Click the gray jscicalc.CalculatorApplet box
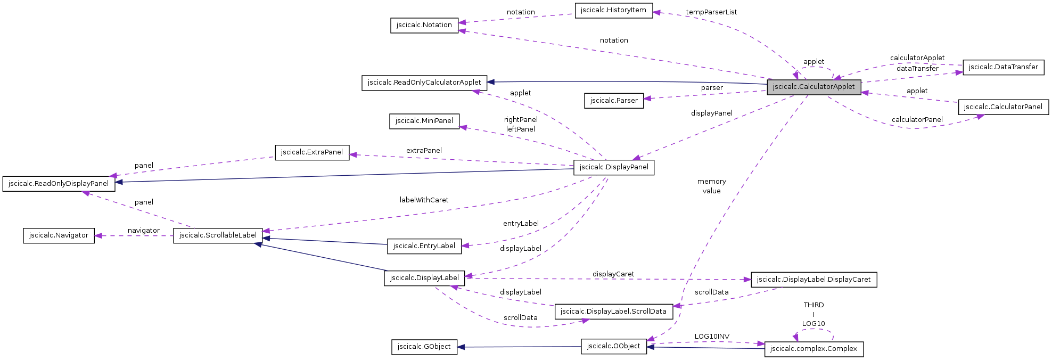813,87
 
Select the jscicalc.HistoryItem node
613,10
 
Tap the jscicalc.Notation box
424,25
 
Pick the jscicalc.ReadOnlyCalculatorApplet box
424,83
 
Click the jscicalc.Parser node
613,101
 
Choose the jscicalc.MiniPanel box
424,121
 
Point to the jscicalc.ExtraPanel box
312,152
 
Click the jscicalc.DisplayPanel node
613,167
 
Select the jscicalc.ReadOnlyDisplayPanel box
59,184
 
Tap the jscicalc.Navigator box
59,235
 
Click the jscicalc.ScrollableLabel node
218,235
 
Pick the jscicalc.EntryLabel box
424,246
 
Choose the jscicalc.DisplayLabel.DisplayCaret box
813,280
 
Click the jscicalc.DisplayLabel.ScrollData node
613,312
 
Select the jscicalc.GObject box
424,347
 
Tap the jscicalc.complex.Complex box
813,349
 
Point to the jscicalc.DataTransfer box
1003,67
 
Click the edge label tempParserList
711,12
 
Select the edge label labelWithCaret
424,200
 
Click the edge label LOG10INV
712,337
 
